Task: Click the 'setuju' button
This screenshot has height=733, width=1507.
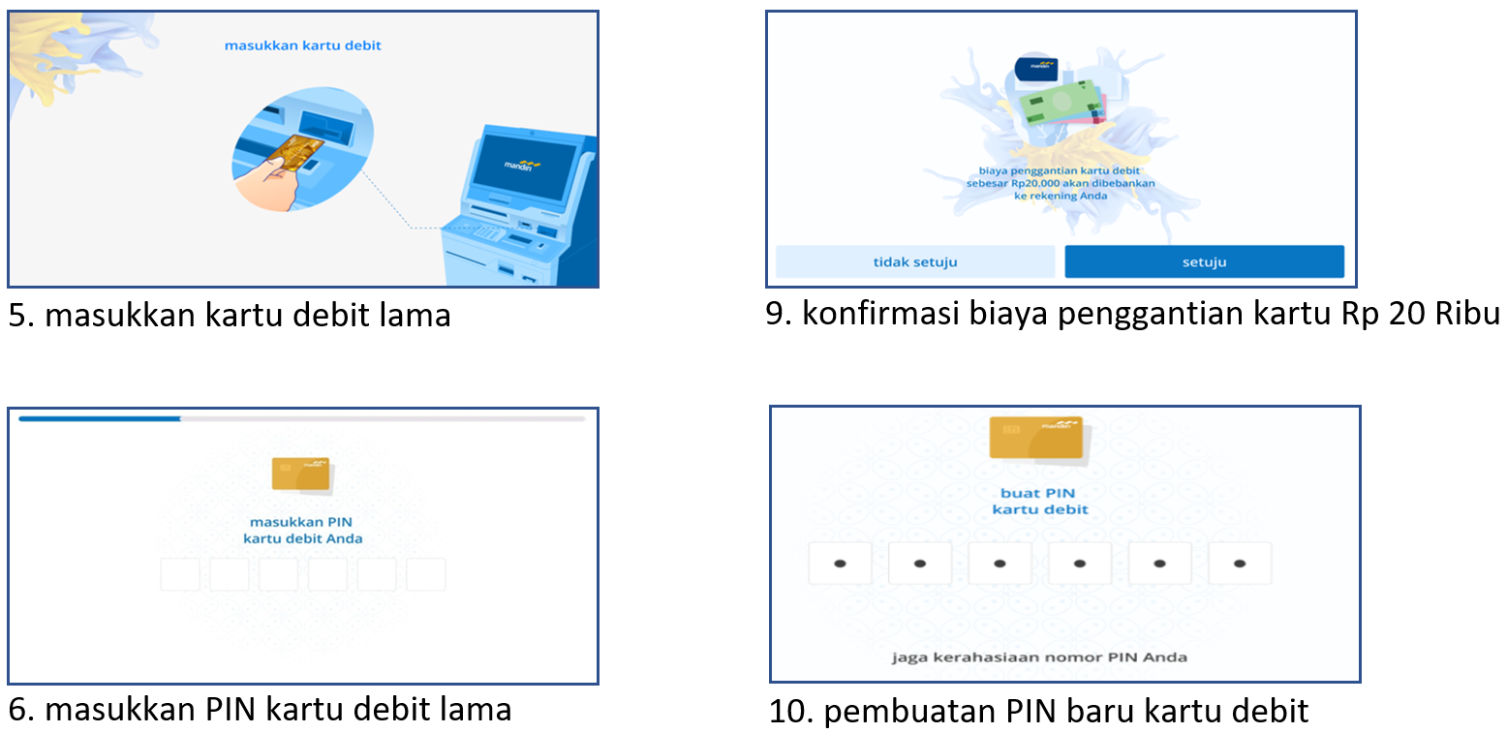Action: click(1204, 261)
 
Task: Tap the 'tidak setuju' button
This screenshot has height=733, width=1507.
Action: click(914, 261)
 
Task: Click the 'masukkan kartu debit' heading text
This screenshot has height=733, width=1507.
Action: click(302, 46)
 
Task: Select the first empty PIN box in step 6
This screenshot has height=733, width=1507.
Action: click(180, 574)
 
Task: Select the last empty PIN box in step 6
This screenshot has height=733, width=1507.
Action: click(425, 574)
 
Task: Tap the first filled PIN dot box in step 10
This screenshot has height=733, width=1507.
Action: click(840, 563)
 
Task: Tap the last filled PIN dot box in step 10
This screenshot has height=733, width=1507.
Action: click(1240, 563)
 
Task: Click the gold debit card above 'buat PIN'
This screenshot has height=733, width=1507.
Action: click(1035, 437)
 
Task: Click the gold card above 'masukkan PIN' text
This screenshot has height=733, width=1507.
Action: click(301, 473)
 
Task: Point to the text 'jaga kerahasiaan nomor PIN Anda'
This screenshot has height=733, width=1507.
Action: click(1039, 657)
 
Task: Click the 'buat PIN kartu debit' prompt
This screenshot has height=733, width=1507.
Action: click(1038, 502)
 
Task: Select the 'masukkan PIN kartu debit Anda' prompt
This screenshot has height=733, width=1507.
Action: click(302, 531)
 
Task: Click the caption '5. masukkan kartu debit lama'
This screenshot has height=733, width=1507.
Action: click(230, 316)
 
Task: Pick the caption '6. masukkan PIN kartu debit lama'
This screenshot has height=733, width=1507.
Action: click(260, 710)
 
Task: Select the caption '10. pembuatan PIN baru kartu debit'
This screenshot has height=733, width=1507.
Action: click(1038, 712)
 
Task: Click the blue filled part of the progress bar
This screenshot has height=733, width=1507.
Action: click(99, 419)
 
